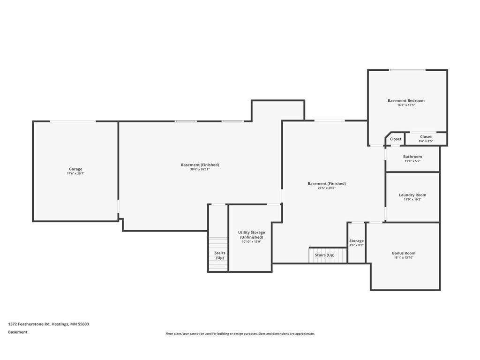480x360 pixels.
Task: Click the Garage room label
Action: click(x=75, y=169)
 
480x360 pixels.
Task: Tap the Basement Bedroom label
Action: click(x=406, y=101)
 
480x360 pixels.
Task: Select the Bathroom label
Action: click(x=412, y=157)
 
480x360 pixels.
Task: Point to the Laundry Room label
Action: click(x=412, y=195)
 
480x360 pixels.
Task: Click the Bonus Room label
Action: click(x=404, y=253)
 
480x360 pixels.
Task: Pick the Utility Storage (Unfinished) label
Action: click(x=251, y=235)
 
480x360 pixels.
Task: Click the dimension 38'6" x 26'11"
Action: click(x=200, y=169)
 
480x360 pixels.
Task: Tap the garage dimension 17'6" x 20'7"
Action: click(x=75, y=174)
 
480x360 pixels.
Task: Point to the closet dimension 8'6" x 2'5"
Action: click(x=426, y=141)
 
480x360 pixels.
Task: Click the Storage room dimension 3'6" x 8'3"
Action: click(x=356, y=245)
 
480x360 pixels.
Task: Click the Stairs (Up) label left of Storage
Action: click(x=324, y=255)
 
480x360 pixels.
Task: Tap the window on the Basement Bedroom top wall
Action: click(x=407, y=70)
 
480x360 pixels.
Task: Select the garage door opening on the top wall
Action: click(x=73, y=121)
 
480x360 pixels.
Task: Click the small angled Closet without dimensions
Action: click(x=396, y=139)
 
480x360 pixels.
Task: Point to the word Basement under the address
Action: click(x=18, y=332)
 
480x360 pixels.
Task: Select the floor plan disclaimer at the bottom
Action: click(x=240, y=334)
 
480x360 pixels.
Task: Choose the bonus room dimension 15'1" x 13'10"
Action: click(x=404, y=258)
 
